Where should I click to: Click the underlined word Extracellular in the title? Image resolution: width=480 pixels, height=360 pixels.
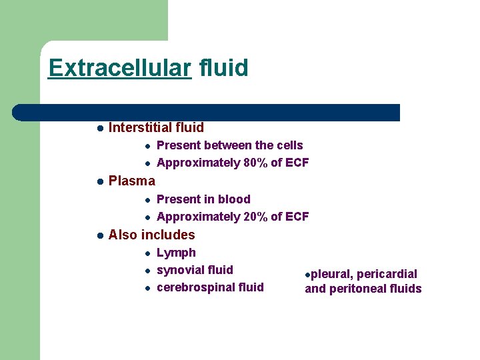tap(120, 68)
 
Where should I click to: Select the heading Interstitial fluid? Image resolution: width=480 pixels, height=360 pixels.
tap(156, 127)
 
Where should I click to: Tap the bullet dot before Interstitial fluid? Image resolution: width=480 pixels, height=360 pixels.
tap(99, 128)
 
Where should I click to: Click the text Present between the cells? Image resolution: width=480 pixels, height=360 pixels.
tap(229, 145)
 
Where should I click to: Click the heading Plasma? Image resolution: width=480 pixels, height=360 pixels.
tap(131, 181)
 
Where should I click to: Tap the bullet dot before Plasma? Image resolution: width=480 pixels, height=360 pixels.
tap(99, 181)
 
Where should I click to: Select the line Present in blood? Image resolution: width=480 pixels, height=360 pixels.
tap(203, 199)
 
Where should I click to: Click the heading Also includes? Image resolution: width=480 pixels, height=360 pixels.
tap(151, 235)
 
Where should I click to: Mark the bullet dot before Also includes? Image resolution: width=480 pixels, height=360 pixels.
tap(99, 235)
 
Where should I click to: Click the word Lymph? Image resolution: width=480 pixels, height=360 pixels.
tap(176, 253)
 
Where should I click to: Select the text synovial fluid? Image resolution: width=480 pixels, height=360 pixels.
tap(195, 270)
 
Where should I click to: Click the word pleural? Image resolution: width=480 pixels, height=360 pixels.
tap(329, 274)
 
